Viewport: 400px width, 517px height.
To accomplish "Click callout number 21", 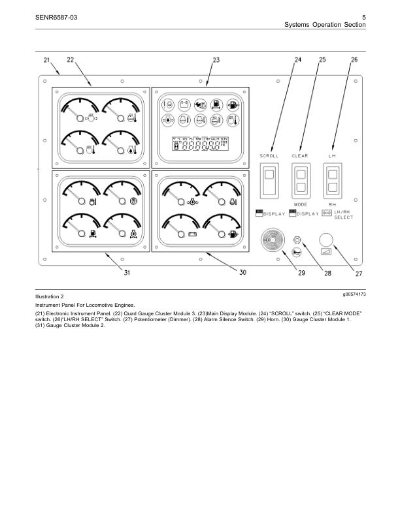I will [x=46, y=60].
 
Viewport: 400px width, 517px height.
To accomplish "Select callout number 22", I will [x=70, y=60].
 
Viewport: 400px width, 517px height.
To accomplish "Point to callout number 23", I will [x=216, y=60].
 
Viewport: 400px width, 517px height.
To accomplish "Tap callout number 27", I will [x=358, y=274].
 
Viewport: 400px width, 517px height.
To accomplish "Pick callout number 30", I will [x=242, y=274].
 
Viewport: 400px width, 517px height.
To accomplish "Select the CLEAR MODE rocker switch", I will [x=301, y=181].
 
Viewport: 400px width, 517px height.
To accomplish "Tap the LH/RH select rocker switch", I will [x=332, y=181].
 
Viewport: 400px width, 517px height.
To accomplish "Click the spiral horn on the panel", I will [x=273, y=241].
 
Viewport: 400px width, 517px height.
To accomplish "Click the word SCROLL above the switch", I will [x=269, y=156].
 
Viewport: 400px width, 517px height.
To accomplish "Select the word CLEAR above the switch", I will [x=301, y=156].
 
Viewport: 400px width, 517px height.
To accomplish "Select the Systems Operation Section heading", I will [x=325, y=24].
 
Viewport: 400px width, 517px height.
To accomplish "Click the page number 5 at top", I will [x=363, y=16].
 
